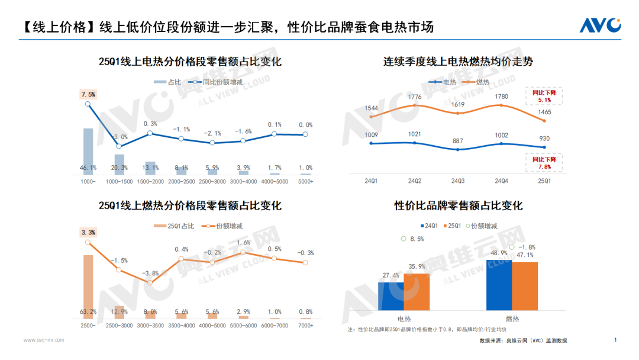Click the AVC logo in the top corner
click(599, 25)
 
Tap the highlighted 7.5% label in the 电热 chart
click(88, 94)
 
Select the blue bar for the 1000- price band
click(88, 151)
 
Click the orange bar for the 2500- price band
click(88, 287)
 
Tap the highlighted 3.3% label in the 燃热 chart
click(88, 232)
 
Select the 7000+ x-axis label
click(305, 325)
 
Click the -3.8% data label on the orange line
click(150, 273)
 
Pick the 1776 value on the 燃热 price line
click(415, 97)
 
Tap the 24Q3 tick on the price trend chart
click(457, 181)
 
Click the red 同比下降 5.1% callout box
click(544, 97)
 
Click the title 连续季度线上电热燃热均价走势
click(458, 61)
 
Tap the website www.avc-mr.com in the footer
click(44, 340)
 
